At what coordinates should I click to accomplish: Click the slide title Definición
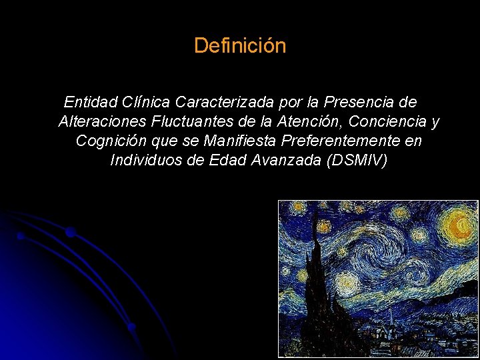pos(240,46)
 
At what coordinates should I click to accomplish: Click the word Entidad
pos(91,103)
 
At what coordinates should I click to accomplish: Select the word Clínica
pos(147,103)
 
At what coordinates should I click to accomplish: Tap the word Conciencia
pos(391,122)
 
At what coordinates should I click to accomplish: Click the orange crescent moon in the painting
pos(458,226)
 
